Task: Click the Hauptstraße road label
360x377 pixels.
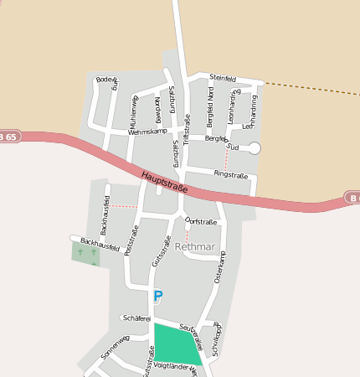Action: [164, 182]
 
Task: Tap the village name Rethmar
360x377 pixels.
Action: [195, 247]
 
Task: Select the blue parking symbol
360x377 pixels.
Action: [157, 296]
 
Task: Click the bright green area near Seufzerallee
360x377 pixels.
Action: [176, 343]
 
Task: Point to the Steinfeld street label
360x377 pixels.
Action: [224, 79]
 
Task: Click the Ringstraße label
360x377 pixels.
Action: [231, 175]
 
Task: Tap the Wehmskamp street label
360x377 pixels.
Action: [147, 132]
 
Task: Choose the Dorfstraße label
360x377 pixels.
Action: [201, 222]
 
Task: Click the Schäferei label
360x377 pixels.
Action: [136, 318]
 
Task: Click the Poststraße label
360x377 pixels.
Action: [131, 239]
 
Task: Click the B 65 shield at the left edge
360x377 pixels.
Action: [8, 135]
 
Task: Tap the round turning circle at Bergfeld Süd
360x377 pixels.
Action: [255, 148]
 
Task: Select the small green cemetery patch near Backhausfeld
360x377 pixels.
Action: [85, 253]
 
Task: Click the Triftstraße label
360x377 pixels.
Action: [187, 129]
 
